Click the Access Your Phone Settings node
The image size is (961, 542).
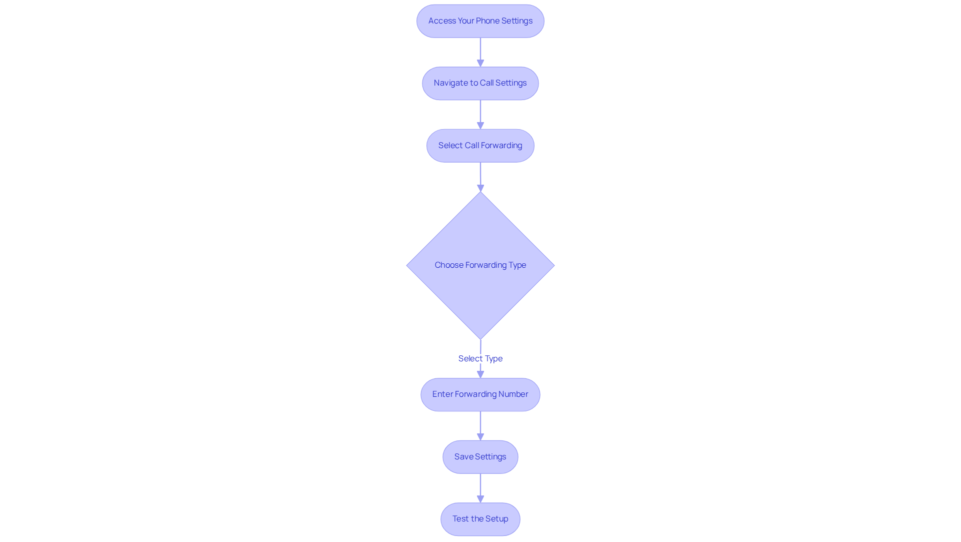point(480,21)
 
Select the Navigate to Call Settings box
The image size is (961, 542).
point(480,83)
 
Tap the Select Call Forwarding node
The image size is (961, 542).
point(480,146)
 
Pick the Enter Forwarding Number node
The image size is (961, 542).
point(480,394)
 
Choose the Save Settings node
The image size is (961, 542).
point(480,457)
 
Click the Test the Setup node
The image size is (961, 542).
point(480,519)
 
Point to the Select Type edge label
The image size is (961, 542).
point(480,358)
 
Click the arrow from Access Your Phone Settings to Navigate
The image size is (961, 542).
point(480,52)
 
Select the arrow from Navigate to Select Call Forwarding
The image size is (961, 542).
point(480,114)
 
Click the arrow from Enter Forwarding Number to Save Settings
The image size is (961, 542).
point(480,425)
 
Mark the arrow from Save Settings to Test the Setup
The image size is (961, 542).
point(480,487)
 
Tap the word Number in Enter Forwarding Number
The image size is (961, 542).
point(513,394)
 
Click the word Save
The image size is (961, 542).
point(463,457)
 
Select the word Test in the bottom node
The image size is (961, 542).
point(460,519)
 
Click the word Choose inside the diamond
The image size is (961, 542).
point(448,265)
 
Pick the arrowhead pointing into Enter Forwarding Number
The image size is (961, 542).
point(480,374)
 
